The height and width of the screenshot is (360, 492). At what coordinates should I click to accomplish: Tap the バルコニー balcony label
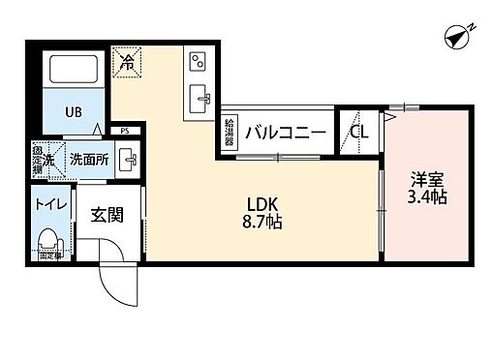[284, 133]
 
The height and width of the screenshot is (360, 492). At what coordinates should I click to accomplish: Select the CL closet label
[359, 133]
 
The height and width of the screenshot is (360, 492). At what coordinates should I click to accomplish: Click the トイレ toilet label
[48, 205]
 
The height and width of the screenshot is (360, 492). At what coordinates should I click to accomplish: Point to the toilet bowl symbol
[46, 238]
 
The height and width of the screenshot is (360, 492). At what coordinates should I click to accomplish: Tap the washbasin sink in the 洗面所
[126, 159]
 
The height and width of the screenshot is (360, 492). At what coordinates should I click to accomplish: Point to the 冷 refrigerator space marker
[127, 62]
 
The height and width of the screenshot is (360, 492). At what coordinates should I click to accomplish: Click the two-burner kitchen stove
[198, 61]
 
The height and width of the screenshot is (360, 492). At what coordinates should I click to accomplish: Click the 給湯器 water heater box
[229, 132]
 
